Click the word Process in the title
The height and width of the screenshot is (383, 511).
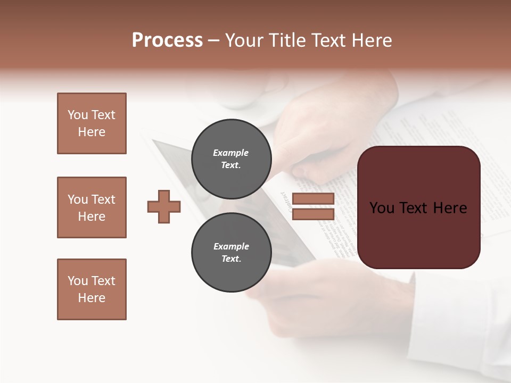pyautogui.click(x=167, y=40)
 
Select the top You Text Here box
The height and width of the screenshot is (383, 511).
pyautogui.click(x=92, y=123)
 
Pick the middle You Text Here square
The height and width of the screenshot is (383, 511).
pyautogui.click(x=92, y=207)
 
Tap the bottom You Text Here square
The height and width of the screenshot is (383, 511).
pyautogui.click(x=92, y=289)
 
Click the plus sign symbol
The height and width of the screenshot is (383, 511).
pyautogui.click(x=164, y=206)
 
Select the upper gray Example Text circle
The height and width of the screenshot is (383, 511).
pyautogui.click(x=231, y=159)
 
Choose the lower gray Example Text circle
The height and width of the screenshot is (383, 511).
pyautogui.click(x=231, y=253)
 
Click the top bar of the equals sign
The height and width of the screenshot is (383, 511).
pyautogui.click(x=313, y=199)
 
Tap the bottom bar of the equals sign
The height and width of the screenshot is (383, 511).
pyautogui.click(x=313, y=214)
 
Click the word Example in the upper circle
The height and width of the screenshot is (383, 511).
pyautogui.click(x=231, y=153)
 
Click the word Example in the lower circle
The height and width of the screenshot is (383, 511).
pyautogui.click(x=231, y=246)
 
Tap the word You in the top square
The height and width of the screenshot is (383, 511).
pyautogui.click(x=77, y=115)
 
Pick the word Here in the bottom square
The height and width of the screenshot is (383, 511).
pyautogui.click(x=92, y=298)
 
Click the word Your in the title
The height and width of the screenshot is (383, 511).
pyautogui.click(x=243, y=40)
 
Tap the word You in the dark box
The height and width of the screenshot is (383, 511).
pyautogui.click(x=382, y=208)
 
